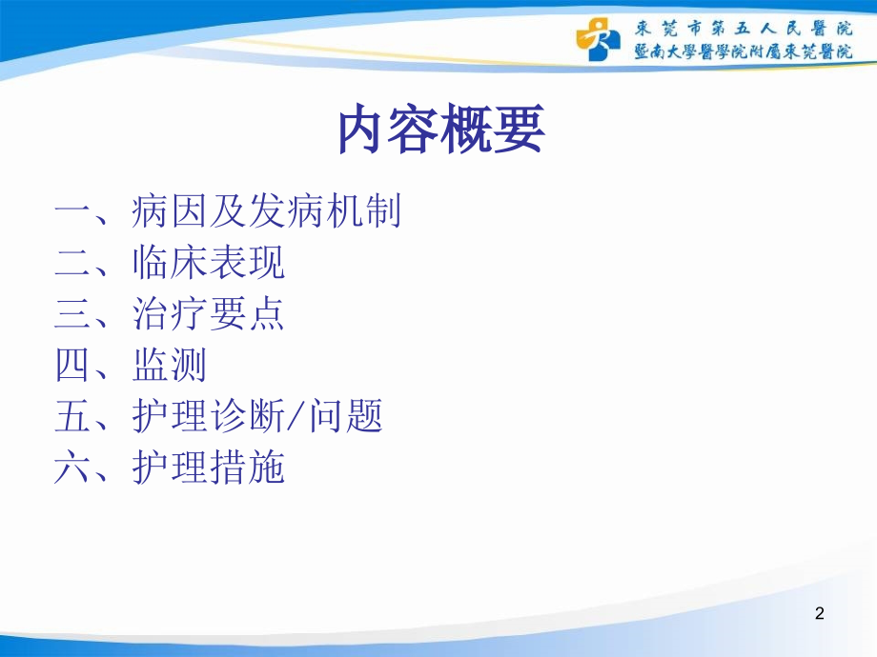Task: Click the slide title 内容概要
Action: point(441,129)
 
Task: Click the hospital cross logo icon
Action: point(599,38)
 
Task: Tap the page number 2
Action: point(820,613)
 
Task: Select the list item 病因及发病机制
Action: point(266,211)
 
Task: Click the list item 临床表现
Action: point(209,262)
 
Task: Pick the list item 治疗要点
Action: point(209,313)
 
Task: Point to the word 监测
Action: point(170,365)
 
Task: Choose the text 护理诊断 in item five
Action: point(209,416)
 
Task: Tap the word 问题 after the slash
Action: point(346,416)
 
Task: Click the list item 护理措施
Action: point(209,468)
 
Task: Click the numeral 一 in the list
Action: point(72,211)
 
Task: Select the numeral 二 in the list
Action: point(72,263)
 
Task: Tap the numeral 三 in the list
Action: point(72,313)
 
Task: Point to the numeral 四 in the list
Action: point(72,365)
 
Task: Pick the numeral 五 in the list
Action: point(72,416)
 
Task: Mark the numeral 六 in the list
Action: point(72,468)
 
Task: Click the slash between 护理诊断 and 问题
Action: point(296,416)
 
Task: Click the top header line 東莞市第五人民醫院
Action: point(744,29)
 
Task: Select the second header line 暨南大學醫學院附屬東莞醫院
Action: point(744,51)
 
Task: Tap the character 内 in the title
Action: point(361,129)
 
